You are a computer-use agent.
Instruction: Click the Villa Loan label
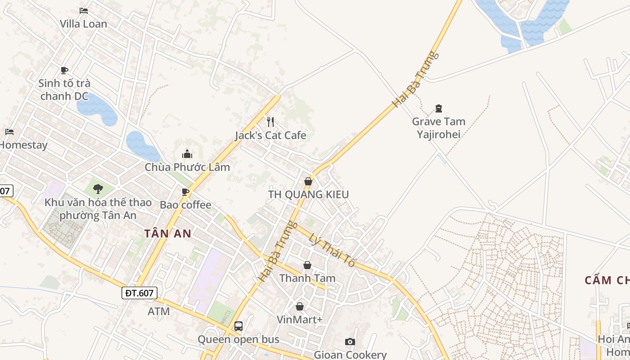pos(84,24)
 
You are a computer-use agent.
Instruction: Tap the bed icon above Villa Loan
pos(84,10)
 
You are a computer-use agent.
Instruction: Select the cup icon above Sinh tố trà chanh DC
pos(64,70)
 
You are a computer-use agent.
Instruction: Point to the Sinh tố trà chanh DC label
pos(64,90)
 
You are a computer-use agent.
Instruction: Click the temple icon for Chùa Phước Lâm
pos(187,154)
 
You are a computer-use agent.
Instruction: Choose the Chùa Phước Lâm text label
pos(187,167)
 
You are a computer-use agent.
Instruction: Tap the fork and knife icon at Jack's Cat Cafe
pos(270,121)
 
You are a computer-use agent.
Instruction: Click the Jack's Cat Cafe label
pos(270,135)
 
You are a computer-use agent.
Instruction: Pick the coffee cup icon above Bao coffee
pos(185,192)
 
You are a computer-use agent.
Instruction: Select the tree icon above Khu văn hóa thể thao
pos(98,189)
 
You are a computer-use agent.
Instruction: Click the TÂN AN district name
pos(168,233)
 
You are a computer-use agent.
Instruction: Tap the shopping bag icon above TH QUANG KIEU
pos(308,181)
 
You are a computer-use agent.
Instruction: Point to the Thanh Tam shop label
pos(307,278)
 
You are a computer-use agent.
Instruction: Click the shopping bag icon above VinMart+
pos(300,306)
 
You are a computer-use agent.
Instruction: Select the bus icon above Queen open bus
pos(238,326)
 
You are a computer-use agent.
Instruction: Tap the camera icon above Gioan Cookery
pos(350,342)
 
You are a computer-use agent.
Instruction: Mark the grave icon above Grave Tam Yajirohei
pos(439,108)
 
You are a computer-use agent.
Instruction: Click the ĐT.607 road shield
pos(139,293)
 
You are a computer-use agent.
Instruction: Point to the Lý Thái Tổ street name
pos(333,250)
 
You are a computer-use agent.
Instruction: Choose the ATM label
pos(159,311)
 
